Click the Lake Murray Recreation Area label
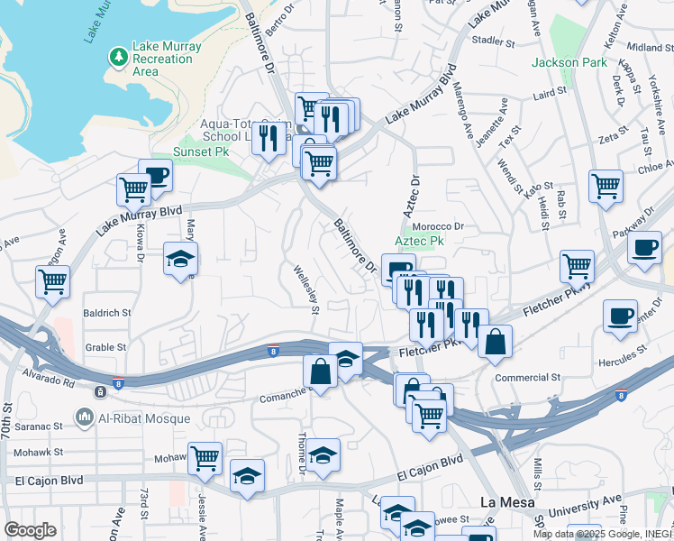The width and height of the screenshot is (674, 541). point(162,59)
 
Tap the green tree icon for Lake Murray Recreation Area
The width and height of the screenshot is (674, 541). point(118,58)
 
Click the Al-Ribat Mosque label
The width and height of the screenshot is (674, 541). point(144,417)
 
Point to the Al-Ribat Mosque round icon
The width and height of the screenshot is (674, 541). point(86,417)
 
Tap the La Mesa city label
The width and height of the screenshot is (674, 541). point(502,502)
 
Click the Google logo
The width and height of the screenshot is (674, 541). point(30,530)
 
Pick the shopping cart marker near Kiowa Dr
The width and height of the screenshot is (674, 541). point(133,190)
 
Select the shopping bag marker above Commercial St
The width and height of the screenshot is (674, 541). point(495,342)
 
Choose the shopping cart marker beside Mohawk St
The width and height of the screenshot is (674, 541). point(205,458)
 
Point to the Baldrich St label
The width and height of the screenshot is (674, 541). point(107,313)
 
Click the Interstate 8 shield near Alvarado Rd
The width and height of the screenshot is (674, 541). point(118,383)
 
